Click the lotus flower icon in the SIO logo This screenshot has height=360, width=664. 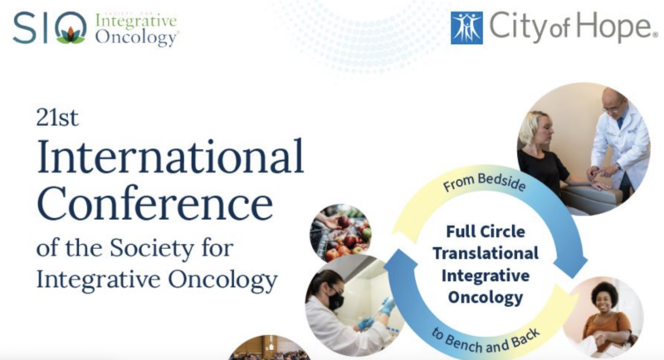point(71,32)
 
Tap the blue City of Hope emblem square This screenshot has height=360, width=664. point(466,28)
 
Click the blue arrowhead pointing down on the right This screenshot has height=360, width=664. point(572,266)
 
